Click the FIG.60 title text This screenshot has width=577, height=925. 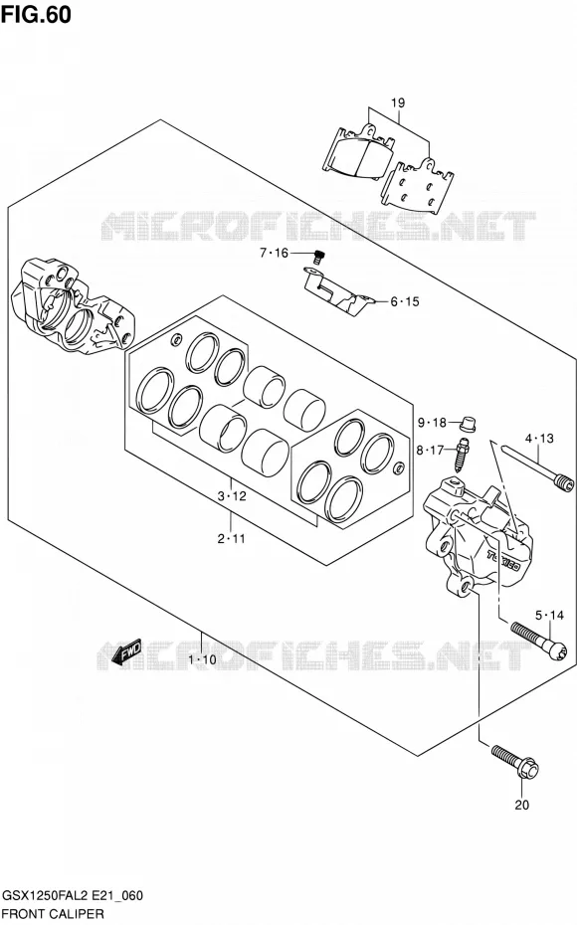[36, 14]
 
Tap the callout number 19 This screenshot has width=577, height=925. [398, 102]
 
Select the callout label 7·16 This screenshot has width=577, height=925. [274, 253]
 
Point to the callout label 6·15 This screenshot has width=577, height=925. [405, 301]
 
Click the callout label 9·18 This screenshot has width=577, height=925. [432, 423]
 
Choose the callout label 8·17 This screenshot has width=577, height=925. [430, 451]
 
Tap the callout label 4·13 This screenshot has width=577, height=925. [539, 439]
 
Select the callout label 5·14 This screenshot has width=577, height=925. [549, 616]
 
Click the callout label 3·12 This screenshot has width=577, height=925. [231, 496]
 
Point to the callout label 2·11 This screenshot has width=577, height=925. [231, 538]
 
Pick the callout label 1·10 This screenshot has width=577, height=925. [202, 659]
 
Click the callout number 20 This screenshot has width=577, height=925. [521, 804]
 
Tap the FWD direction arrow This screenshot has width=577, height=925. [126, 650]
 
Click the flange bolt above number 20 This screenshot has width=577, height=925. [515, 761]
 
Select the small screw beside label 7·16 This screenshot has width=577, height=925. [319, 257]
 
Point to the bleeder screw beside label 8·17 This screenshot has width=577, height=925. [462, 454]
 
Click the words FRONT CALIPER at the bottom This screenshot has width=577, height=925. [53, 914]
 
